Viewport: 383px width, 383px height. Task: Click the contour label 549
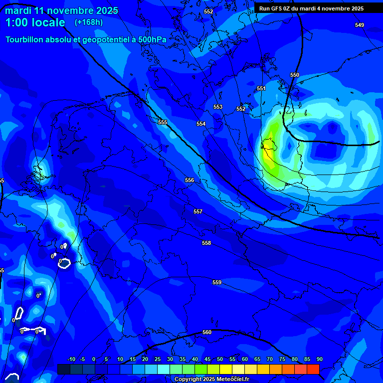click(x=360, y=25)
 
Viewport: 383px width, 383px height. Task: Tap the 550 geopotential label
click(x=295, y=75)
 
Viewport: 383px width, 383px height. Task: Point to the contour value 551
click(x=261, y=88)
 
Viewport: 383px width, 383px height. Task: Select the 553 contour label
click(x=218, y=107)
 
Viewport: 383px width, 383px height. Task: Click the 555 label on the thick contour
click(x=163, y=122)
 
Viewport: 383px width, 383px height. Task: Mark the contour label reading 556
click(x=190, y=180)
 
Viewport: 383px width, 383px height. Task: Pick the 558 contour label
click(x=206, y=243)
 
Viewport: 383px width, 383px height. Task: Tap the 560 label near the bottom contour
click(x=207, y=332)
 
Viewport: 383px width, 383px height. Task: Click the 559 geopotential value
click(x=217, y=282)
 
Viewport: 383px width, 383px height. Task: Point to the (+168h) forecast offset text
click(x=89, y=22)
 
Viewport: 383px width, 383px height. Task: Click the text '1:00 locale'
click(x=35, y=22)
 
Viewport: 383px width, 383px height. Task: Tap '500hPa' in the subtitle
click(x=152, y=39)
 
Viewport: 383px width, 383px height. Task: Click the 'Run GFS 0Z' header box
click(x=311, y=8)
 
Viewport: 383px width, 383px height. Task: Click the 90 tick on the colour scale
click(x=319, y=360)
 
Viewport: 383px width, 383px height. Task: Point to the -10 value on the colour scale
click(x=71, y=360)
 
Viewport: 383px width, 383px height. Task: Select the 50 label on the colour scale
click(x=220, y=360)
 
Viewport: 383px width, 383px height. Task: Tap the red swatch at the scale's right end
click(x=313, y=369)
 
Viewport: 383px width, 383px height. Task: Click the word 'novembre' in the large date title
click(x=75, y=10)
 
